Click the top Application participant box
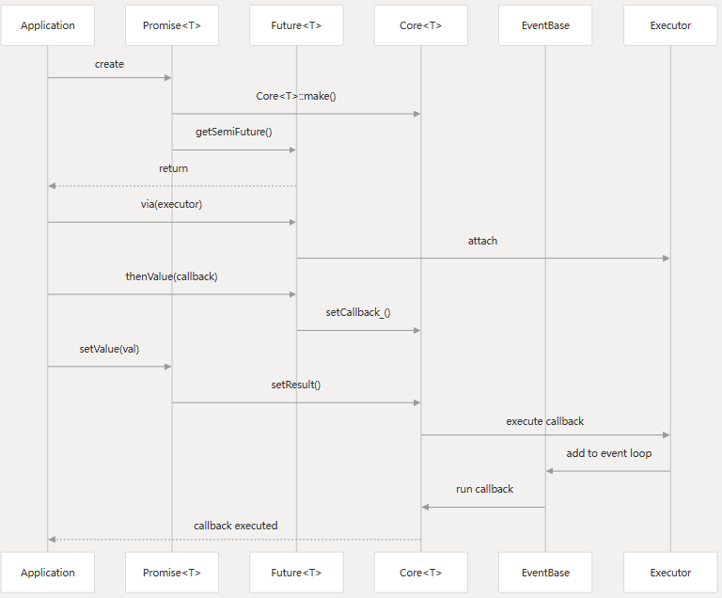tap(47, 25)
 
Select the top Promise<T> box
tap(172, 25)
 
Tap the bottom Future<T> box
tap(296, 573)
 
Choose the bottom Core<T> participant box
tap(421, 573)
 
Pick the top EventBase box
tap(545, 25)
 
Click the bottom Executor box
tap(670, 573)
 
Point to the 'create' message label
tap(110, 64)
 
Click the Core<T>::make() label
tap(296, 96)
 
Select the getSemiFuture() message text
tap(234, 132)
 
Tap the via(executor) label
tap(171, 204)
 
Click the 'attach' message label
tap(482, 241)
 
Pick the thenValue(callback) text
tap(171, 276)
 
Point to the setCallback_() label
tap(358, 312)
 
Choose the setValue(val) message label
tap(109, 349)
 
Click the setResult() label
tap(296, 385)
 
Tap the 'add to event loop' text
tap(609, 453)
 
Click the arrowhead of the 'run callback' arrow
tap(425, 507)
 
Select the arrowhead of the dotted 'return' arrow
tap(52, 185)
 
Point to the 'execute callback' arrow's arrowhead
tap(667, 435)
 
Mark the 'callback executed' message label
tap(235, 526)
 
